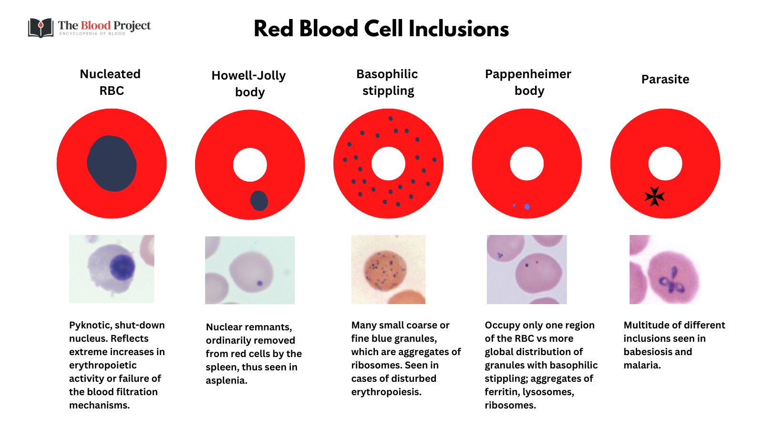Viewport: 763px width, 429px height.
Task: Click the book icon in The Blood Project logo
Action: pyautogui.click(x=41, y=28)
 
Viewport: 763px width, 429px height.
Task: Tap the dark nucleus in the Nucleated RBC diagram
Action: pyautogui.click(x=112, y=163)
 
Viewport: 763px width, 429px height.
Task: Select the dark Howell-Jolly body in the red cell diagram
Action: pyautogui.click(x=259, y=201)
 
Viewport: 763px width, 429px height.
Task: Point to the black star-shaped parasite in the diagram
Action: pyautogui.click(x=654, y=196)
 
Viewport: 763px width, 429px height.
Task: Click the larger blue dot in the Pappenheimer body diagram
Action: pyautogui.click(x=527, y=206)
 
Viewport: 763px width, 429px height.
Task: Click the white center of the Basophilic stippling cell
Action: pyautogui.click(x=388, y=163)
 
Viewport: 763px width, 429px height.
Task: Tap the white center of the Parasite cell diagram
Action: pyautogui.click(x=665, y=163)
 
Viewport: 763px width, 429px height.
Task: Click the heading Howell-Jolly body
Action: pyautogui.click(x=249, y=83)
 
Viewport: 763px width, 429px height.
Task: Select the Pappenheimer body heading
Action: pyautogui.click(x=528, y=82)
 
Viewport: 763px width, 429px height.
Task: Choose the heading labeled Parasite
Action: pyautogui.click(x=665, y=79)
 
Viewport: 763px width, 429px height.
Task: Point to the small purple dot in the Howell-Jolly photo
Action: pyautogui.click(x=260, y=283)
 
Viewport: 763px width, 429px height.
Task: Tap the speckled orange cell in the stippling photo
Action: pyautogui.click(x=385, y=271)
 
